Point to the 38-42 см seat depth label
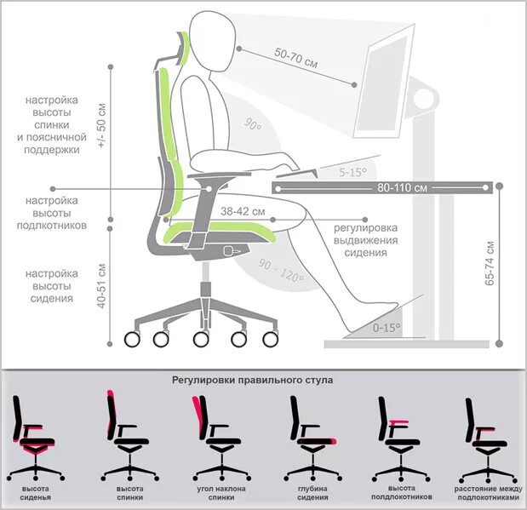tap(243, 210)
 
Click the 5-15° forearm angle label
tap(352, 172)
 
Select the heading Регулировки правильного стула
tap(253, 381)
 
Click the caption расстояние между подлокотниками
tap(486, 493)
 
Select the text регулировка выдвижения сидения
tap(366, 240)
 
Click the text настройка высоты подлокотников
tap(52, 213)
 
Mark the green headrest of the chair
tap(181, 46)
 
